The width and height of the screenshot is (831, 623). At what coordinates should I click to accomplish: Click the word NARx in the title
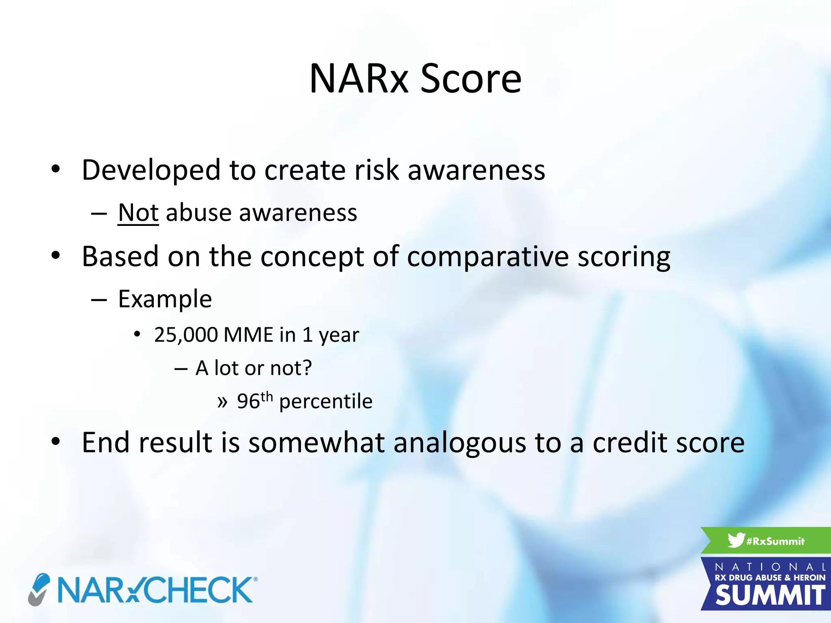click(x=359, y=79)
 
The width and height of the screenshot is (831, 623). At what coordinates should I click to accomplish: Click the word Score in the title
click(x=471, y=79)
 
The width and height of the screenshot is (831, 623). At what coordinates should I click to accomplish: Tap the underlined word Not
click(x=138, y=213)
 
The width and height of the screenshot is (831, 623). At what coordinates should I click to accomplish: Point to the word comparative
click(x=488, y=257)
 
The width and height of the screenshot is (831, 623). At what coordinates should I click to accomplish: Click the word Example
click(x=165, y=299)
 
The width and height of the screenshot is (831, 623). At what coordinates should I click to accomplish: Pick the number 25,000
click(x=186, y=335)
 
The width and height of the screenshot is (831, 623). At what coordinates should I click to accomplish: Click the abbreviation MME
click(x=248, y=335)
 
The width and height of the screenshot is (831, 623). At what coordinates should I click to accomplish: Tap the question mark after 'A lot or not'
click(x=307, y=368)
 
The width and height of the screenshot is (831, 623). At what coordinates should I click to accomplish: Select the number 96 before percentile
click(x=248, y=402)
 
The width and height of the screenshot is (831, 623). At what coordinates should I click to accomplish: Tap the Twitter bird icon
click(x=736, y=540)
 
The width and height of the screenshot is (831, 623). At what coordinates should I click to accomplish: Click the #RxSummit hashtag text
click(x=775, y=541)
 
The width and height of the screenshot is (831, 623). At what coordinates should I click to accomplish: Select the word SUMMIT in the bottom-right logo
click(x=770, y=596)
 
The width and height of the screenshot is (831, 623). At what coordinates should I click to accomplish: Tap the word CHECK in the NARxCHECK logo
click(x=199, y=590)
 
